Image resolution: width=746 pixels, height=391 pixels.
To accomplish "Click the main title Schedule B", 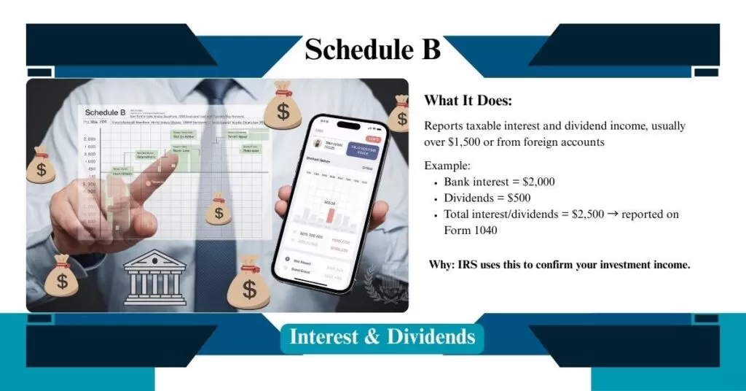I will tap(372, 50).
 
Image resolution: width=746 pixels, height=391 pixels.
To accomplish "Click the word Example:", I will tap(447, 166).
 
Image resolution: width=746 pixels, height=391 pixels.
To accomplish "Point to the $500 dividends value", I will tap(514, 198).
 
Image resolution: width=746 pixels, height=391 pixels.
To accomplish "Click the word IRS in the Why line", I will tap(470, 265).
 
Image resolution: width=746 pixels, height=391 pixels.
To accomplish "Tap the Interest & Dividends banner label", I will tap(382, 337).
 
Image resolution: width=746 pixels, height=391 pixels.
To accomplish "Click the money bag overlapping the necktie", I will tap(219, 209).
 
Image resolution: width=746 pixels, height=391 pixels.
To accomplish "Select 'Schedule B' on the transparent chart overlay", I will tap(105, 112).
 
